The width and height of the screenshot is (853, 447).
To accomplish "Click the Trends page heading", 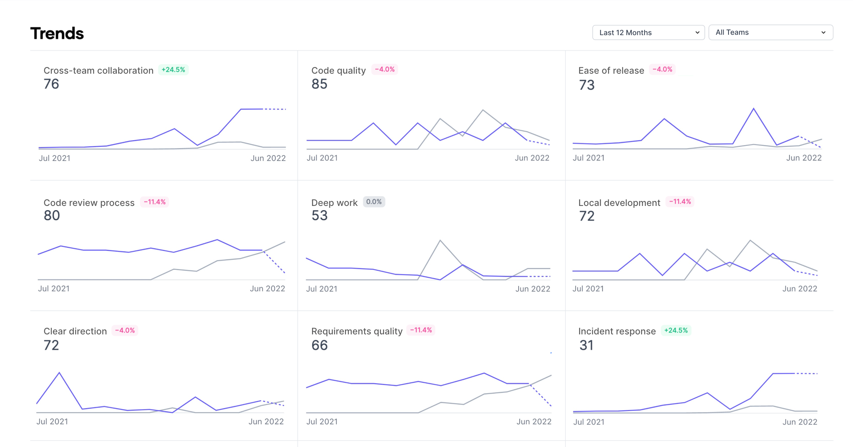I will (x=57, y=33).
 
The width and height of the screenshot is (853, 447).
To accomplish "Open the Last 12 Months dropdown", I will (x=648, y=32).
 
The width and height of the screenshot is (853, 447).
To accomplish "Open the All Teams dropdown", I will (x=770, y=32).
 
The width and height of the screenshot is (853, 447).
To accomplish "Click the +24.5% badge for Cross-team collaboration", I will (x=173, y=70).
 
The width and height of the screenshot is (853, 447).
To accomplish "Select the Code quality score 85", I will (x=319, y=84).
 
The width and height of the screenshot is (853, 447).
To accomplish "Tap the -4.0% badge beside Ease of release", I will (x=662, y=70).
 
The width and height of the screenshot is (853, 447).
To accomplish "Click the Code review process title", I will (x=89, y=203).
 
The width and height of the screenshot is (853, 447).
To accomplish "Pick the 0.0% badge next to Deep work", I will (x=374, y=202).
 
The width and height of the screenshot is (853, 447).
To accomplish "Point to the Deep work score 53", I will (x=319, y=215).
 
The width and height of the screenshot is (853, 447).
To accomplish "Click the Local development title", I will (x=619, y=203).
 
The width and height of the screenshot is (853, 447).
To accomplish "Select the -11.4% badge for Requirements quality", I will (x=421, y=330).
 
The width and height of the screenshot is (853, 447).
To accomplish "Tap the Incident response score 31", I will (x=586, y=345).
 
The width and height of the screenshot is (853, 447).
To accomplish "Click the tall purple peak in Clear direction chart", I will (x=59, y=373).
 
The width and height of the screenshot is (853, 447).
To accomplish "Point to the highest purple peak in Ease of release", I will (x=754, y=109).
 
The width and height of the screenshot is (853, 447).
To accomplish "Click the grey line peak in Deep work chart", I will (x=440, y=240).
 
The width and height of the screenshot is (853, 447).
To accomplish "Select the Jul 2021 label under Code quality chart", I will (x=322, y=158).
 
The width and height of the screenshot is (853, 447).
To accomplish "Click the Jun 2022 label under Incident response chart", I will (x=800, y=422).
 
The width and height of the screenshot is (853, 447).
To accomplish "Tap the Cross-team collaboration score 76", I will (x=51, y=84).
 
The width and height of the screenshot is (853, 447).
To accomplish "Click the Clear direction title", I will (x=75, y=331).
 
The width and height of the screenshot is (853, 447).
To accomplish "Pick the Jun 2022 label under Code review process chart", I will (x=267, y=289).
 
